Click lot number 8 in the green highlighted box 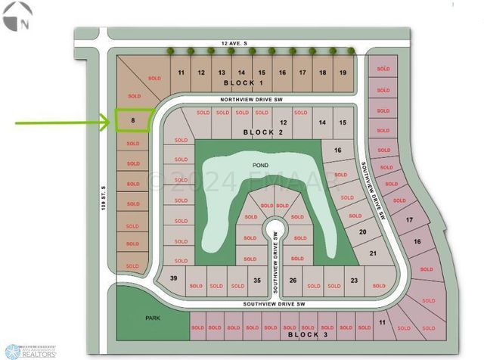coord(133,119)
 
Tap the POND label coord(260,163)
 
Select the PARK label coord(153,318)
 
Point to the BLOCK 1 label coord(244,82)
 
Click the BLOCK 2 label coord(262,132)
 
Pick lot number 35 coord(257,280)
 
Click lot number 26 coord(293,280)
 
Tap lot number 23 coord(354,280)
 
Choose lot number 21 coord(371,254)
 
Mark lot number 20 coord(362,232)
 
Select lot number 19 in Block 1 coord(343,72)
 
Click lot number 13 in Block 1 coord(222,72)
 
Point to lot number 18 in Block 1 coord(322,72)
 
